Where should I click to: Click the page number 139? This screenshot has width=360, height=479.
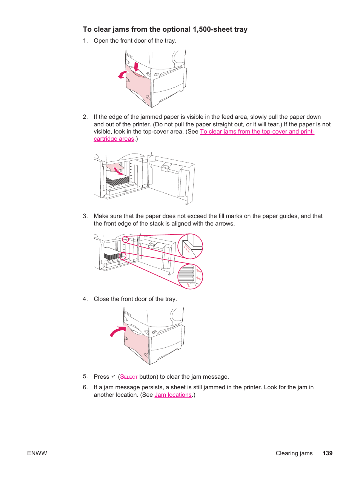(x=327, y=453)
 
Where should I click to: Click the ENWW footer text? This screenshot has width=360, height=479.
(x=37, y=453)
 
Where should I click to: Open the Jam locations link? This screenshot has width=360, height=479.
(x=173, y=395)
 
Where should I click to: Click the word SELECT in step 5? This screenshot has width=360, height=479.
(x=129, y=377)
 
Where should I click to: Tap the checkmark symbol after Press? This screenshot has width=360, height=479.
(x=113, y=376)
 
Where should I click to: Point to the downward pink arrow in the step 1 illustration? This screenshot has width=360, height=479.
(x=136, y=67)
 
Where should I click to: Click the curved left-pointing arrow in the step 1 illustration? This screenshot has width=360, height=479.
(x=122, y=75)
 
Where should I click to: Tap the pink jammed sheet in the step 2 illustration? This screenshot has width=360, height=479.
(x=115, y=167)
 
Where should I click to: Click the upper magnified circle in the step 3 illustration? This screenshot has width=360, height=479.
(x=190, y=246)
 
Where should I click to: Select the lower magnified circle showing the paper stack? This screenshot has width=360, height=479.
(x=190, y=276)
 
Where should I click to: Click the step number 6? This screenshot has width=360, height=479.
(x=85, y=387)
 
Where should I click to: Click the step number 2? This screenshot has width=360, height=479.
(x=85, y=117)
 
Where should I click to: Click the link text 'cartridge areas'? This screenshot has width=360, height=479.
(x=114, y=139)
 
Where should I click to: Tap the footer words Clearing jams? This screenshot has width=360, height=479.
(x=294, y=453)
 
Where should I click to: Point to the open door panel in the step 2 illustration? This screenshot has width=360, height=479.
(x=170, y=177)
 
